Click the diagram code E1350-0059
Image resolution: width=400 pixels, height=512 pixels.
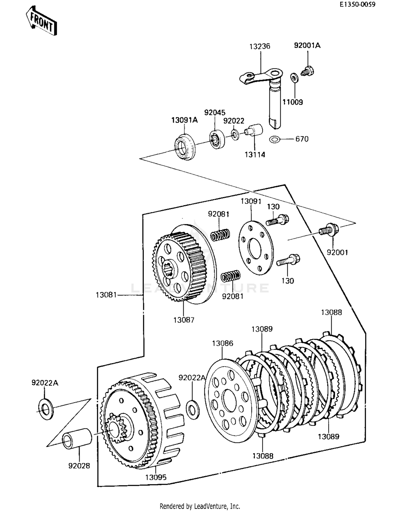[357, 4]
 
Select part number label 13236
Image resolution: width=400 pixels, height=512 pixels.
[259, 46]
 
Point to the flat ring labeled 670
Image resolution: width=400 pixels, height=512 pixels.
[275, 139]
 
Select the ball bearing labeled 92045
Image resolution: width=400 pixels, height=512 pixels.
[217, 139]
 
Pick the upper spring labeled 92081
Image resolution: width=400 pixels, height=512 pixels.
[220, 235]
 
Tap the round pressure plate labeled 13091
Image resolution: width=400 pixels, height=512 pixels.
[255, 248]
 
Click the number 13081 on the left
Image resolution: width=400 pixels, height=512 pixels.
[106, 295]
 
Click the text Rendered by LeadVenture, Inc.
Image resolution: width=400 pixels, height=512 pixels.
[200, 506]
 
